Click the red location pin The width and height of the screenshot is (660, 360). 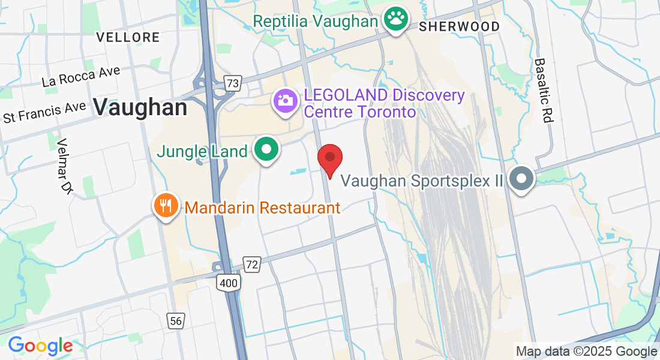(329, 158)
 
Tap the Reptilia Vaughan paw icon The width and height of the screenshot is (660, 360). (395, 20)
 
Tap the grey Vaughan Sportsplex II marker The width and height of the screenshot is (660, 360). (521, 179)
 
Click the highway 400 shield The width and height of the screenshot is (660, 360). (229, 282)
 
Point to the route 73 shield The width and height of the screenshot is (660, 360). (232, 83)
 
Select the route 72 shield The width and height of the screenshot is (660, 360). (252, 263)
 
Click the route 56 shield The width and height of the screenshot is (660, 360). (175, 321)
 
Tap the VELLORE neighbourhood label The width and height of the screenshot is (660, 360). (128, 37)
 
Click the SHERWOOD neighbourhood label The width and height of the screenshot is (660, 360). (460, 26)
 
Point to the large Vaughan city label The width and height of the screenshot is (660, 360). (140, 108)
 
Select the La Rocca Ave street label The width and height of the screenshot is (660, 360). (81, 77)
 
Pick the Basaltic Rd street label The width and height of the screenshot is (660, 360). (542, 91)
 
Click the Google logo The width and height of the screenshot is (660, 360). (40, 346)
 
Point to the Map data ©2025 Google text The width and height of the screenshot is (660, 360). (586, 351)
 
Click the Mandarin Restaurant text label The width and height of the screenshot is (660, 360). (263, 208)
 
